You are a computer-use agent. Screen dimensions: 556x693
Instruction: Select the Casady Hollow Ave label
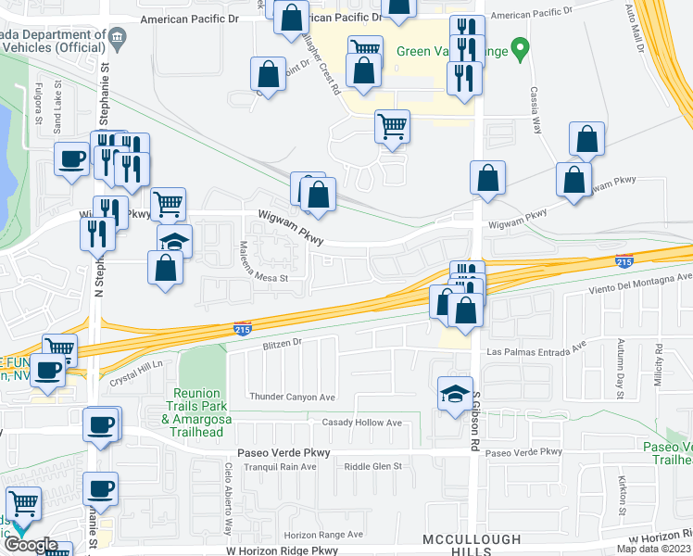coord(361,423)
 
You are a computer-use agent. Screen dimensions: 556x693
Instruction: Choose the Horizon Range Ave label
coord(322,535)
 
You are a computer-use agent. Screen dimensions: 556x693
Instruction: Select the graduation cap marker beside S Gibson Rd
coord(456,393)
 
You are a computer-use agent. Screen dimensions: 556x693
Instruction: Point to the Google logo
coord(30,546)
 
